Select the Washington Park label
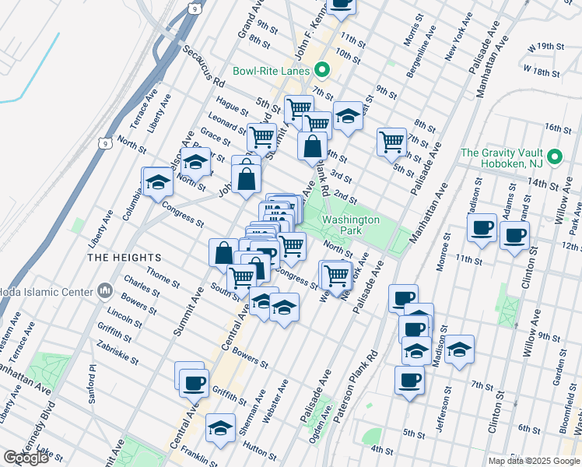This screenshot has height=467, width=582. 350,226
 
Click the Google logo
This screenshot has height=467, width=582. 26,458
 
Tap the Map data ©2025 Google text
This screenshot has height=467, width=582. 533,461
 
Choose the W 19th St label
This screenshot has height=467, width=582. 543,47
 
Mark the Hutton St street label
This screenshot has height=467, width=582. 257,444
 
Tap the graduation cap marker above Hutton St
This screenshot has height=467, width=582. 220,429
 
